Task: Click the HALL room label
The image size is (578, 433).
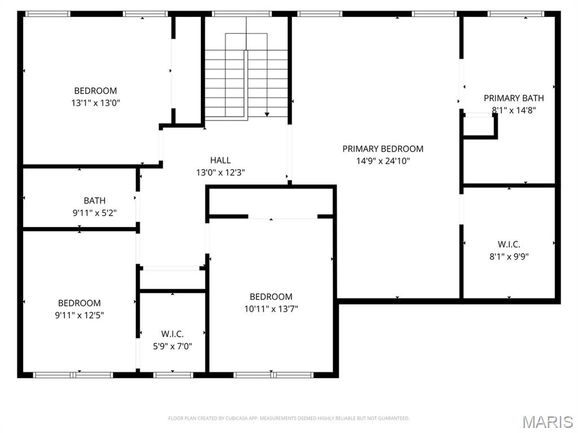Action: click(x=221, y=160)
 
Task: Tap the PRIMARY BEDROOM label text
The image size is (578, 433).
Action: click(x=383, y=149)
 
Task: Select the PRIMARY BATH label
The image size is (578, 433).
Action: click(x=514, y=98)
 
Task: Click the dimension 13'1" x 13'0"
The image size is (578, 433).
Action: click(x=95, y=103)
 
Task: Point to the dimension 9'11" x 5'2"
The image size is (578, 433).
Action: click(x=95, y=213)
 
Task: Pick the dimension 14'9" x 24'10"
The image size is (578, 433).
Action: click(x=383, y=161)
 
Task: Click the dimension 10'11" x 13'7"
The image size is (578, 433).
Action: click(x=271, y=309)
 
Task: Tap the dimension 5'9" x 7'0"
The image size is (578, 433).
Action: click(x=173, y=346)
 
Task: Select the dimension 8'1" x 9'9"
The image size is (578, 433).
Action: click(x=509, y=257)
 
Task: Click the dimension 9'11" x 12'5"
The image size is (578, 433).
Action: click(x=79, y=315)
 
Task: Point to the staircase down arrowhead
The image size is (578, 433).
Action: click(x=267, y=114)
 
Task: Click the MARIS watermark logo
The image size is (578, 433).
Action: click(x=548, y=422)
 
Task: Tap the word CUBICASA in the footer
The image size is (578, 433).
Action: click(x=237, y=418)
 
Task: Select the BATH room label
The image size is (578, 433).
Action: click(x=95, y=201)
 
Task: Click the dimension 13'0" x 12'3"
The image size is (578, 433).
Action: click(x=221, y=173)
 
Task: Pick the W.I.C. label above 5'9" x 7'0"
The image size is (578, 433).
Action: click(x=173, y=334)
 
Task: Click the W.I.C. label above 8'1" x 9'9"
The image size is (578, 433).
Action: click(x=509, y=245)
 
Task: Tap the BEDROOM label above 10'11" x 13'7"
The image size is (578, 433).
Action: click(x=271, y=297)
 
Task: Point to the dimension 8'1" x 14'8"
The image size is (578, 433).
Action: click(x=514, y=110)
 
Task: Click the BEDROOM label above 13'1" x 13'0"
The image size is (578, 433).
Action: click(x=95, y=91)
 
